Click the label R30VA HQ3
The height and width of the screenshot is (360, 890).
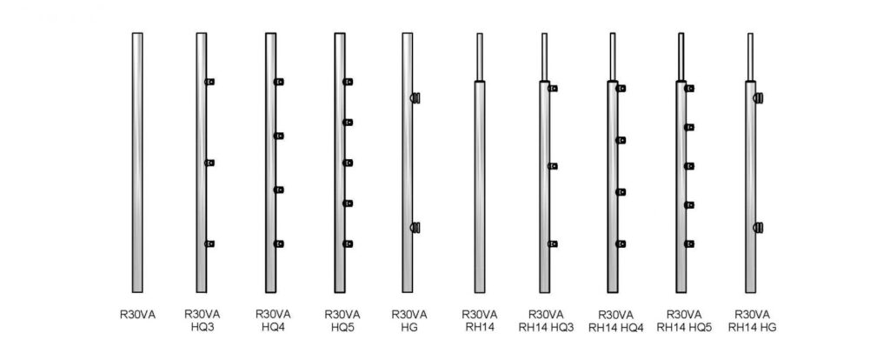pos(202,321)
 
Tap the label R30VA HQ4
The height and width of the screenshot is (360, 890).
pos(273,321)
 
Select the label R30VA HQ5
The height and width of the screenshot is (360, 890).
pos(342,321)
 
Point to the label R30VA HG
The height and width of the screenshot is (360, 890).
pos(409,321)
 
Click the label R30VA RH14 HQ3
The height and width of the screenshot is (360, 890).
pos(547,321)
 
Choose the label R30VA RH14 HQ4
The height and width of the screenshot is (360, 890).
pos(616,322)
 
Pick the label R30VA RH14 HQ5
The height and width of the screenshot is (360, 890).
pos(684,321)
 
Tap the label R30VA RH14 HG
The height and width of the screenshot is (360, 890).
pos(753,321)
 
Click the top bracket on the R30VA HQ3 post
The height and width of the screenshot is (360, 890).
pos(210,82)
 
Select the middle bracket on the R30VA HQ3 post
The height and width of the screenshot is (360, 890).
pos(210,163)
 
